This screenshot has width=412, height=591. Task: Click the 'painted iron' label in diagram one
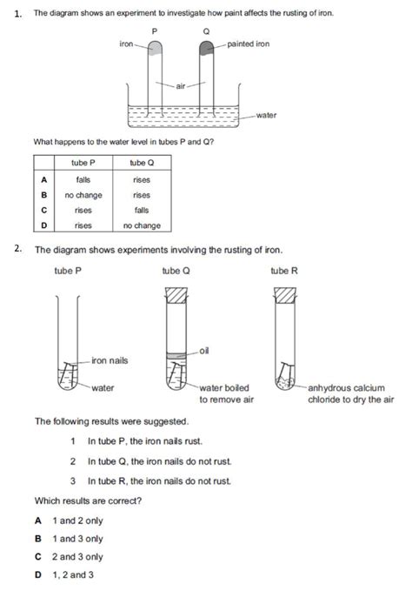coord(254,44)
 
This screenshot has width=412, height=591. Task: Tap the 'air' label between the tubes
coord(180,85)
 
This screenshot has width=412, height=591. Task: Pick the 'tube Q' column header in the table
coord(141,164)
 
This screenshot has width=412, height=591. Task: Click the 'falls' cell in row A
coord(83,179)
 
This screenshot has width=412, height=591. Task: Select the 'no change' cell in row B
coord(83,195)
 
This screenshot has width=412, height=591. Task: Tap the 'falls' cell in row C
coord(141,210)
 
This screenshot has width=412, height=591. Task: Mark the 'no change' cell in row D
coord(141,225)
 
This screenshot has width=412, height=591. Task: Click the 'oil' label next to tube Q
coord(203,350)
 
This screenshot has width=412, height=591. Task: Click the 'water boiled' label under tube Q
coord(224,388)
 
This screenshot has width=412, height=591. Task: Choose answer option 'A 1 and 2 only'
coord(69,520)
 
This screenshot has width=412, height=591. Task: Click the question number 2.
coord(17,249)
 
